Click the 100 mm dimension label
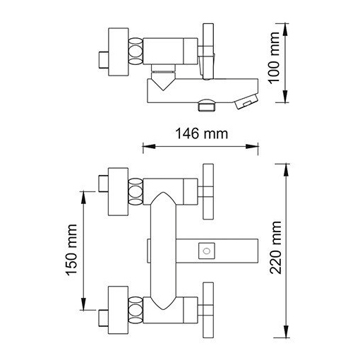pyautogui.click(x=275, y=58)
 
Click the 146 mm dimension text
pyautogui.click(x=202, y=133)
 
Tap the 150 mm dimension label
pyautogui.click(x=71, y=250)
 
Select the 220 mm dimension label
pyautogui.click(x=275, y=248)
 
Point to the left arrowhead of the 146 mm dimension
pyautogui.click(x=149, y=146)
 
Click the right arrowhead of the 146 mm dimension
pyautogui.click(x=252, y=146)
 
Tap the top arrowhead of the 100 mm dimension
pyautogui.click(x=285, y=30)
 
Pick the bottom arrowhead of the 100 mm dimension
pyautogui.click(x=285, y=97)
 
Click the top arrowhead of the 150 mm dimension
pyautogui.click(x=83, y=198)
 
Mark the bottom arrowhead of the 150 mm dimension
pyautogui.click(x=83, y=304)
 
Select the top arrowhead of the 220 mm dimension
pyautogui.click(x=286, y=170)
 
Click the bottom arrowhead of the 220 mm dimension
pyautogui.click(x=286, y=332)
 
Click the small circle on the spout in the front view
pyautogui.click(x=207, y=251)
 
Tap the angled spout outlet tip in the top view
pyautogui.click(x=246, y=101)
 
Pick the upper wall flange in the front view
pyautogui.click(x=118, y=192)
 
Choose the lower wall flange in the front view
pyautogui.click(x=118, y=310)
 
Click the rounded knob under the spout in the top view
pyautogui.click(x=207, y=105)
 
